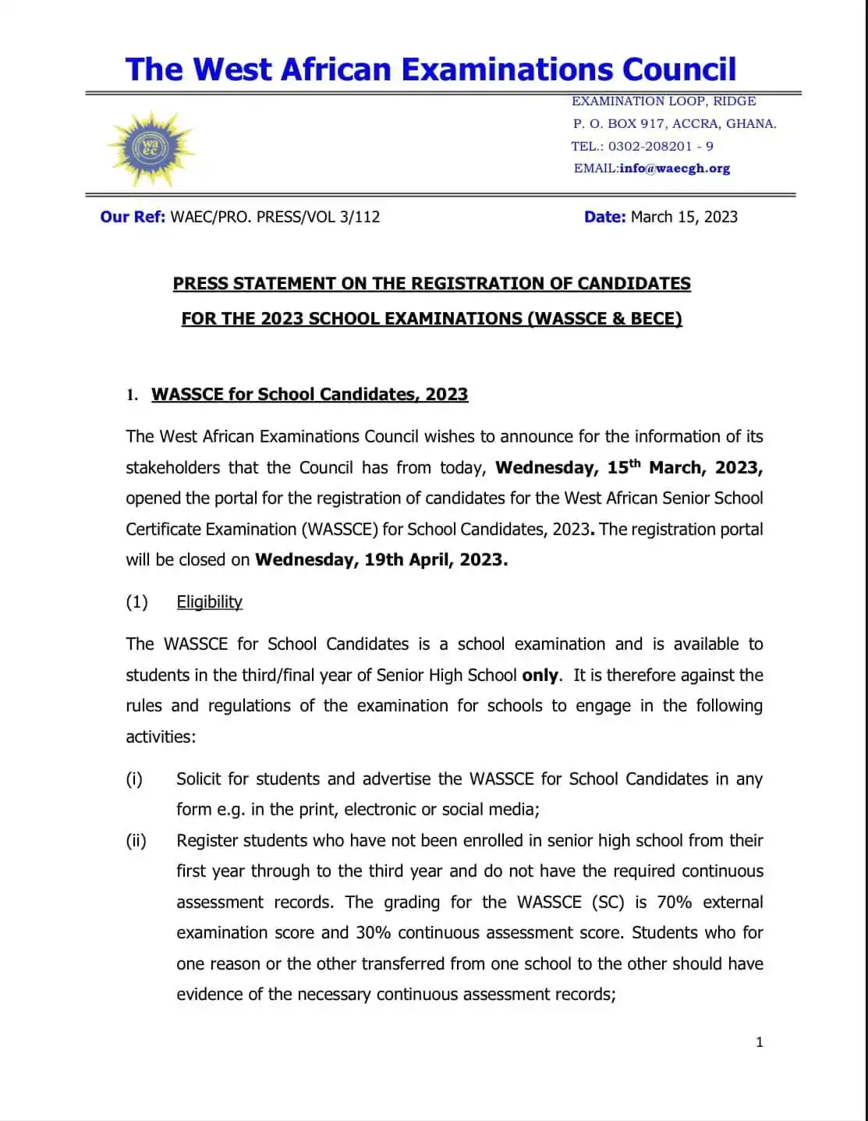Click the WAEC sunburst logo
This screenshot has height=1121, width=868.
150,147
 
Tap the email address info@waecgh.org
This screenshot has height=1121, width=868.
675,169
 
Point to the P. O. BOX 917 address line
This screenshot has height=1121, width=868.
674,123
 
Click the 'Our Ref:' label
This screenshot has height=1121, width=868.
133,217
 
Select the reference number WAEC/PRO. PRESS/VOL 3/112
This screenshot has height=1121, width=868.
275,217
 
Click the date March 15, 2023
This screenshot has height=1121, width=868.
683,217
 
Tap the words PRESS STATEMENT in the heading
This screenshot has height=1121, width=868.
254,283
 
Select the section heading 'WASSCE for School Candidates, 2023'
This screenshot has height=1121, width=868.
310,394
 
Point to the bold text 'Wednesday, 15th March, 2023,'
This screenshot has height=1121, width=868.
629,467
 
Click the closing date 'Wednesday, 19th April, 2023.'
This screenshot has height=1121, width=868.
381,559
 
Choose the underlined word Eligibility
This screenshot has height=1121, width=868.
209,601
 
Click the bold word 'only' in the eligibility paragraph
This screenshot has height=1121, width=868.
540,675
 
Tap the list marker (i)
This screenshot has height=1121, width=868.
134,779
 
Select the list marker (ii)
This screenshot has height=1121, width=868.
136,840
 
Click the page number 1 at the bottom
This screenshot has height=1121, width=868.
759,1041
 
